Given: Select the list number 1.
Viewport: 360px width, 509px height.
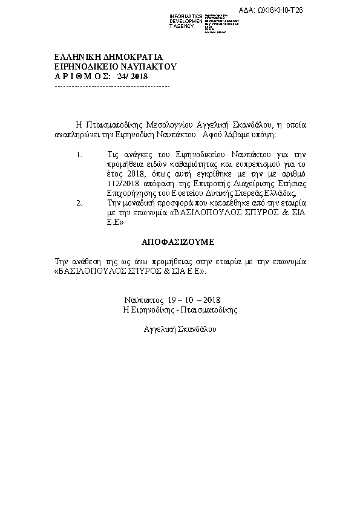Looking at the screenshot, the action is (79, 155).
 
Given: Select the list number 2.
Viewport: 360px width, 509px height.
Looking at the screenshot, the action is (79, 203).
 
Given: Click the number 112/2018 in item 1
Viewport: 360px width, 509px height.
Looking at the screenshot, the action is (117, 184).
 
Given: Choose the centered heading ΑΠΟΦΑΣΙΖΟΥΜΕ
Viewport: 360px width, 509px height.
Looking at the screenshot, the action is (178, 242).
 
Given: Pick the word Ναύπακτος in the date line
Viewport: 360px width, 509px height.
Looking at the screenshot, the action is (145, 300).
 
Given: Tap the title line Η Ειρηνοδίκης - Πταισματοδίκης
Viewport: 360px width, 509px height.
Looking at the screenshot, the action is (180, 310).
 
